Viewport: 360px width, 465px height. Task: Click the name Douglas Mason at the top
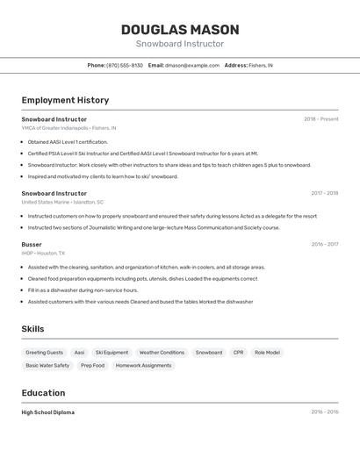[x=180, y=30]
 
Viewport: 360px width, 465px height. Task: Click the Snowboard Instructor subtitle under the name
[x=180, y=44]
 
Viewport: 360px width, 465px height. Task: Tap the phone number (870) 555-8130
[x=125, y=66]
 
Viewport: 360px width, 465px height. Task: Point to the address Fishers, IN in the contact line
[x=261, y=66]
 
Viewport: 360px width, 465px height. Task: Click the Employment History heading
[x=65, y=100]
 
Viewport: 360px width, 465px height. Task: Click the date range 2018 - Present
[x=320, y=119]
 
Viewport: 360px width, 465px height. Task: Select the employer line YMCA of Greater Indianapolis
[x=68, y=128]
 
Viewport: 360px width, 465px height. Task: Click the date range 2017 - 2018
[x=324, y=193]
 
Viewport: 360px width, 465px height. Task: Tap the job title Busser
[x=32, y=245]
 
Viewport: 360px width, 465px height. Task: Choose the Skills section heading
[x=33, y=329]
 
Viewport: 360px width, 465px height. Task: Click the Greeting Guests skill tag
[x=44, y=353]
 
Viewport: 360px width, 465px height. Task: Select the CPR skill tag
[x=238, y=353]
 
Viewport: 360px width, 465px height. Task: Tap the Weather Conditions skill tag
[x=162, y=353]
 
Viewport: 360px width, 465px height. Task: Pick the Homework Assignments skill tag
[x=143, y=366]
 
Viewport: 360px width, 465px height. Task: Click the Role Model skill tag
[x=267, y=353]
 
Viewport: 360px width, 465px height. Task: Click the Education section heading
[x=43, y=393]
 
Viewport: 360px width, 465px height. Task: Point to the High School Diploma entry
[x=48, y=412]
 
